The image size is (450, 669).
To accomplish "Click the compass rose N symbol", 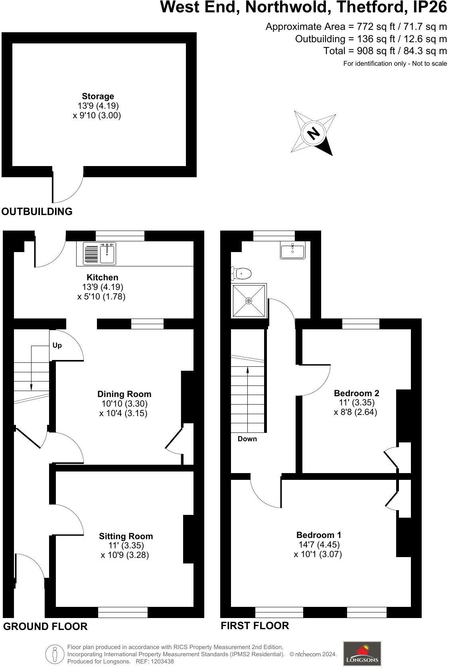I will pyautogui.click(x=314, y=133).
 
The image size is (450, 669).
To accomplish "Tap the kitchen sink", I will pyautogui.click(x=107, y=254).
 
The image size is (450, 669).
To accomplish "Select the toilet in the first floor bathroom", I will pyautogui.click(x=242, y=274).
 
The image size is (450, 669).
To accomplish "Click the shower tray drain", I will pyautogui.click(x=249, y=301).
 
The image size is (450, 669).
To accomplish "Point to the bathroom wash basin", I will pyautogui.click(x=292, y=250).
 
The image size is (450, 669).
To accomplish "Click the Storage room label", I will pyautogui.click(x=98, y=96).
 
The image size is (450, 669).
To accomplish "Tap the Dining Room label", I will pyautogui.click(x=124, y=394).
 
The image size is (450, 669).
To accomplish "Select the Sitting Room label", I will pyautogui.click(x=126, y=536).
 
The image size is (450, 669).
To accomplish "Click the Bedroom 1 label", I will pyautogui.click(x=318, y=535).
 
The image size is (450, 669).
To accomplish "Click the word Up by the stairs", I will pyautogui.click(x=57, y=345).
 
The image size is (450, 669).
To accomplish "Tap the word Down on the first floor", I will pyautogui.click(x=247, y=439).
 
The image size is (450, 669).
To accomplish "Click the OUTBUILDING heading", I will pyautogui.click(x=37, y=211).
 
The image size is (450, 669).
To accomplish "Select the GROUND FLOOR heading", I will pyautogui.click(x=45, y=626).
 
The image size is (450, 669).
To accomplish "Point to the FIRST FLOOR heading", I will pyautogui.click(x=255, y=626).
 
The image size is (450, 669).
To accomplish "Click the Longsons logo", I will pyautogui.click(x=362, y=653).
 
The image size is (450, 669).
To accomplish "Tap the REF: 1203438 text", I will pyautogui.click(x=155, y=661).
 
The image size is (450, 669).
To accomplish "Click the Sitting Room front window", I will pyautogui.click(x=123, y=612).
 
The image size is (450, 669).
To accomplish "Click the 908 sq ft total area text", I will pyautogui.click(x=385, y=51).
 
